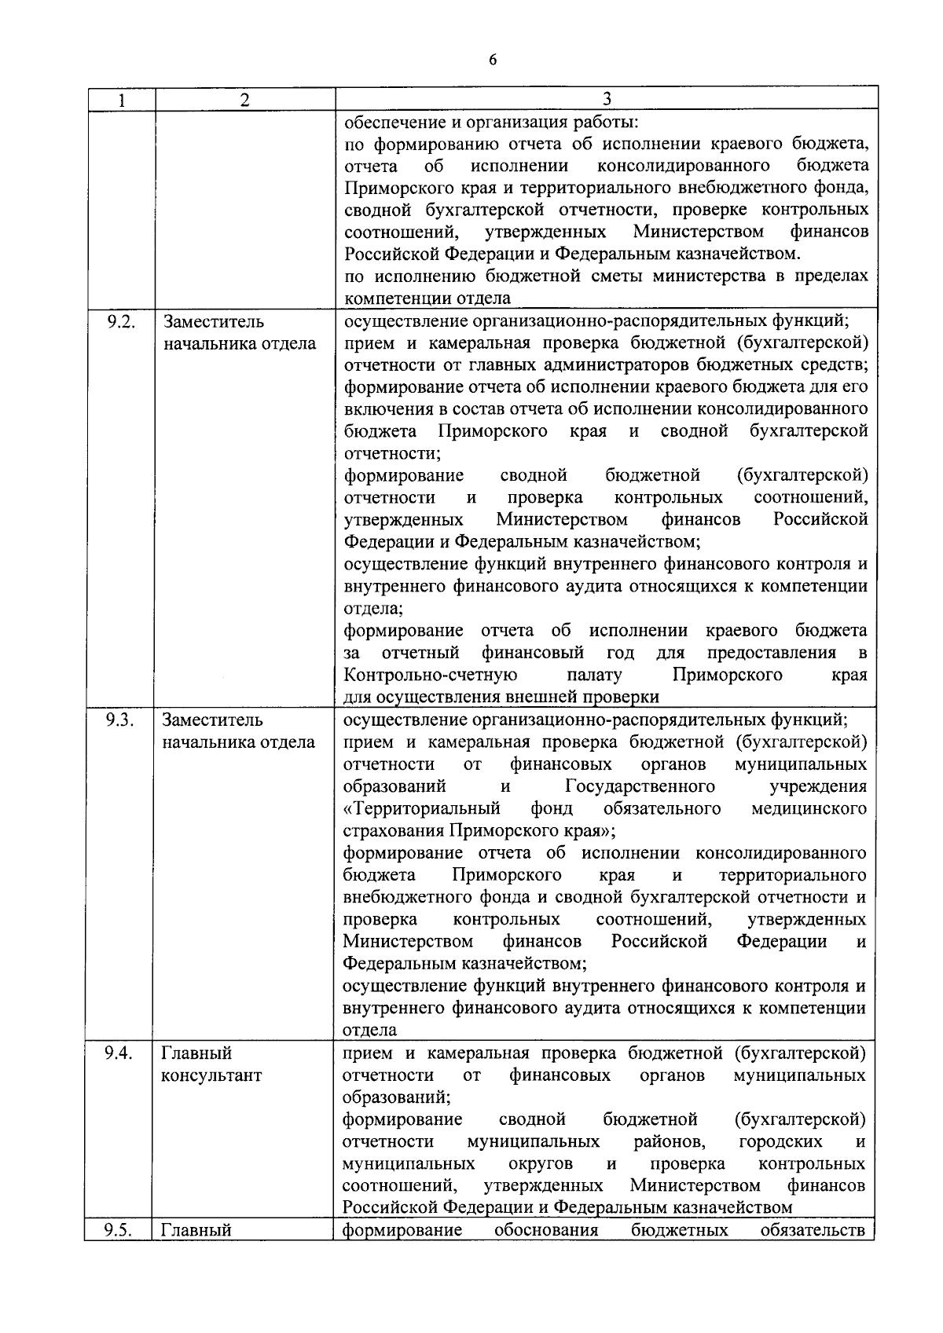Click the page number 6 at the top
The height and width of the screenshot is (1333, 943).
(x=493, y=60)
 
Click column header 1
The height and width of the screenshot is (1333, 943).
(x=121, y=100)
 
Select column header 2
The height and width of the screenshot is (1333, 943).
(x=245, y=100)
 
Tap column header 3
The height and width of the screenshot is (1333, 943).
(x=606, y=100)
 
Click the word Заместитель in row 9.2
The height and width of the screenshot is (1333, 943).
(x=213, y=322)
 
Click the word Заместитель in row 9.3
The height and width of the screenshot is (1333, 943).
(x=213, y=720)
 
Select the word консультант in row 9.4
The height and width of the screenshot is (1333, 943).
(x=211, y=1075)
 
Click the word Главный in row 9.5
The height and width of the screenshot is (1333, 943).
(x=196, y=1230)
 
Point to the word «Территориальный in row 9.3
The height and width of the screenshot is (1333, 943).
(x=422, y=808)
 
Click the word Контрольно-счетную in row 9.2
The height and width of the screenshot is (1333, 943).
(x=430, y=675)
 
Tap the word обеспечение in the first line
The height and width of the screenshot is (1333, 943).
(x=391, y=123)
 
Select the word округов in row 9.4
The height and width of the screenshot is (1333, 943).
(x=539, y=1163)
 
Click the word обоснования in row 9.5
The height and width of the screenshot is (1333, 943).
(x=545, y=1230)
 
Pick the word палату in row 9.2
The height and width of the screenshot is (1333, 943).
(x=593, y=675)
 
